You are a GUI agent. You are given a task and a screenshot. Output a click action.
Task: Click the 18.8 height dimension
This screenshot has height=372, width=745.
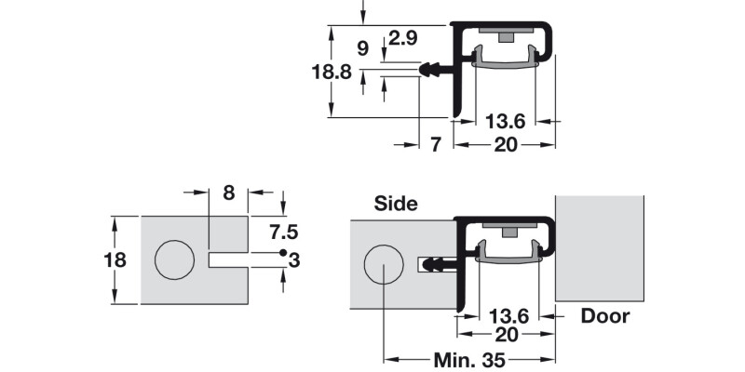pos(332,72)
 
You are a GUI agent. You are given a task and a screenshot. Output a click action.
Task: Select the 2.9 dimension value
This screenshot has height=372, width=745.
pos(402,39)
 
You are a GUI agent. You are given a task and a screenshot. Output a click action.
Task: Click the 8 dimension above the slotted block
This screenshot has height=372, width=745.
pos(228,193)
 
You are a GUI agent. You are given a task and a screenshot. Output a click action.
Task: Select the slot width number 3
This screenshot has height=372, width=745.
pos(294,260)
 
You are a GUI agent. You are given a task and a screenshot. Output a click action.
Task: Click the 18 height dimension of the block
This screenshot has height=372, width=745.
pos(115,259)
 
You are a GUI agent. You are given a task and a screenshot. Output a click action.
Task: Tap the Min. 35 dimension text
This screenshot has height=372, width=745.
pos(470,359)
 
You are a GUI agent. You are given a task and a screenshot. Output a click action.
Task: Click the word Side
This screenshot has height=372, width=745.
pos(396,204)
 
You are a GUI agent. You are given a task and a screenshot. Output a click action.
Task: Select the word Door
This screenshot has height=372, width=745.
pos(605,316)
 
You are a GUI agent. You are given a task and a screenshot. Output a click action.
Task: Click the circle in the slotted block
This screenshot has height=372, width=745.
pos(175,259)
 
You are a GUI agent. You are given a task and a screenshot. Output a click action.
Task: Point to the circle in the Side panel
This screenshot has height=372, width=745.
pos(383,265)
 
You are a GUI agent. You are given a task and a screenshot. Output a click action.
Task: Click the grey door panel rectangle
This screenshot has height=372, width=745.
pos(600,247)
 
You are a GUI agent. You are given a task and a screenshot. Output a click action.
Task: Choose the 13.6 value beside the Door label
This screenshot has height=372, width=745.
pos(508,316)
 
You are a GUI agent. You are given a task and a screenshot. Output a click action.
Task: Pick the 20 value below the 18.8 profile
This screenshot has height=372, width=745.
pos(506,144)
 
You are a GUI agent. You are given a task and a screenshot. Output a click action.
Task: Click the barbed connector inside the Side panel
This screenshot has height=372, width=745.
pos(438,265)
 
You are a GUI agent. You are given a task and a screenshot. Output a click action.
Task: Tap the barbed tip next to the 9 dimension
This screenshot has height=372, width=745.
pos(431,69)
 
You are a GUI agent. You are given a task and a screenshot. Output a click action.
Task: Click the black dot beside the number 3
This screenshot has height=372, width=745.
pos(280,253)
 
